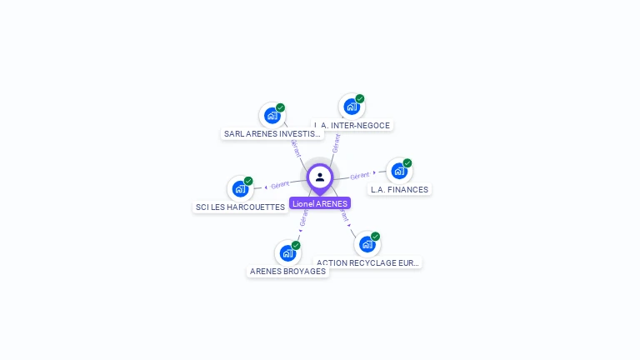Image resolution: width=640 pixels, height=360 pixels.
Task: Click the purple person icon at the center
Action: (320, 177)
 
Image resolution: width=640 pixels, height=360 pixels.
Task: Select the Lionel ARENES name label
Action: (320, 203)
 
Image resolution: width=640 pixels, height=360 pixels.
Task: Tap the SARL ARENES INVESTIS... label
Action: (272, 133)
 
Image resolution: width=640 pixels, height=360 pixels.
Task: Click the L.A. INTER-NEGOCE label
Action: (352, 125)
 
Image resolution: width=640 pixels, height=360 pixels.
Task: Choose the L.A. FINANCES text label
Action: (399, 189)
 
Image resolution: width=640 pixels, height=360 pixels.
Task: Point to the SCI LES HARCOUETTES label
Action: (240, 207)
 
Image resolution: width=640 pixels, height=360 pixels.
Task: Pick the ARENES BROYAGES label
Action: (288, 271)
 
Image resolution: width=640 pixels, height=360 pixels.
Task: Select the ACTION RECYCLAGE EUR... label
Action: (368, 262)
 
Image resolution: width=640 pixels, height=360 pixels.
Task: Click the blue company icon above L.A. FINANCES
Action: (399, 171)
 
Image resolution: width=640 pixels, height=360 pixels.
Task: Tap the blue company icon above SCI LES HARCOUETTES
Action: (240, 188)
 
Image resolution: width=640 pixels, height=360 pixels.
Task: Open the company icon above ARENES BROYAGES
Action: (288, 252)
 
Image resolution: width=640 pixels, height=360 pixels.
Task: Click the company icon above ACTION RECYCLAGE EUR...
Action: (367, 244)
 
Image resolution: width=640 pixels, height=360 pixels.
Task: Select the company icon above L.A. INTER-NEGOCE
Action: (352, 107)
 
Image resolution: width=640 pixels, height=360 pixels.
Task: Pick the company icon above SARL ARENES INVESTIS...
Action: (272, 115)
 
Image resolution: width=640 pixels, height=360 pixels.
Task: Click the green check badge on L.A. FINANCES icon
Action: (407, 163)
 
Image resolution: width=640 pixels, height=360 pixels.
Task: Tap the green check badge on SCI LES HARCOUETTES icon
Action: (248, 181)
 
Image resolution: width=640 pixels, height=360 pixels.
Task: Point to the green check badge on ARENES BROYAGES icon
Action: (296, 245)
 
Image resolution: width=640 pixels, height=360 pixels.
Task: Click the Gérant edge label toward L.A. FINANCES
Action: (359, 176)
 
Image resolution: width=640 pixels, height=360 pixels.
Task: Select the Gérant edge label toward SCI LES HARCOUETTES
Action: (280, 184)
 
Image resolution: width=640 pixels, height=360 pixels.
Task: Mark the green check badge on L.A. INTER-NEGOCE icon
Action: (360, 99)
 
